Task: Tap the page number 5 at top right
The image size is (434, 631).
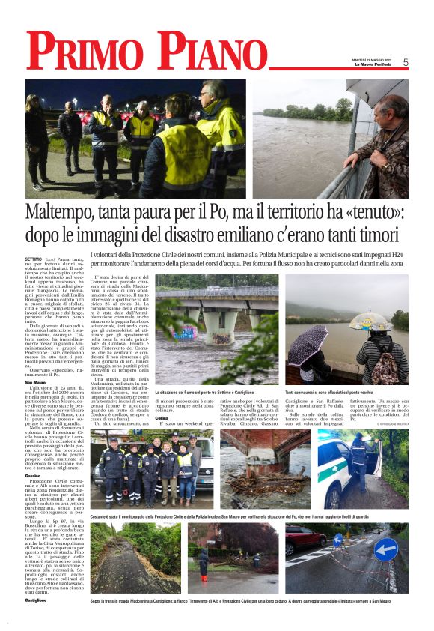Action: [x=406, y=62]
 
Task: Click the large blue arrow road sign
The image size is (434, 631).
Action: [x=385, y=549]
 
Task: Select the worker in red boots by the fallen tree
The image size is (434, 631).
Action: [x=204, y=564]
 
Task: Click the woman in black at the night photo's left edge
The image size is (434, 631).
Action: [x=34, y=139]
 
